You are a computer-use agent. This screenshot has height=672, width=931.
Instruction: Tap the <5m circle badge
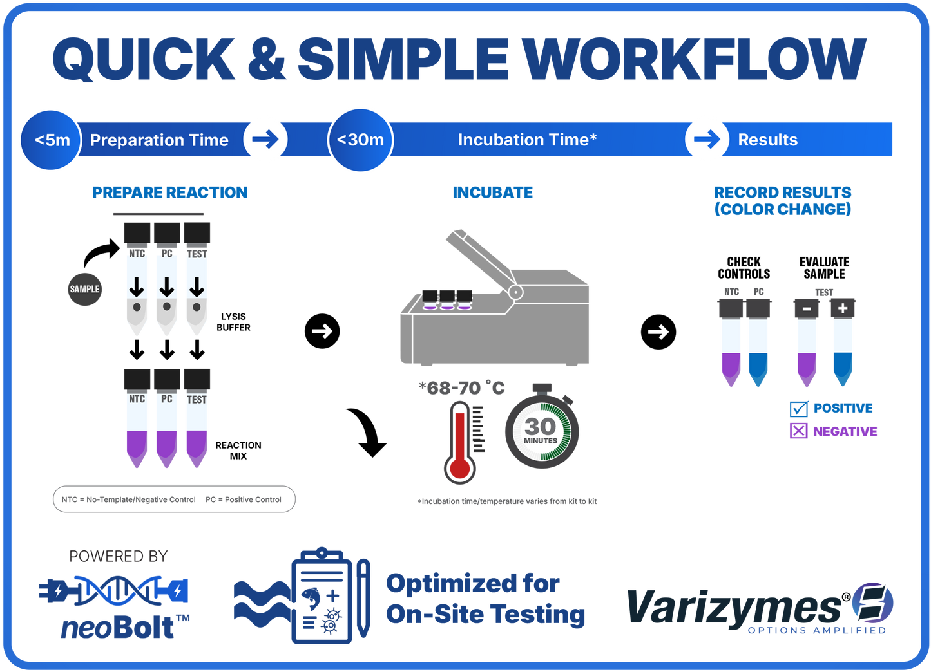tap(51, 140)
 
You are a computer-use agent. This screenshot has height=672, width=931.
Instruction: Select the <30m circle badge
tap(360, 140)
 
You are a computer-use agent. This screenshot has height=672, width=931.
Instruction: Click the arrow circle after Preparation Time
tap(265, 139)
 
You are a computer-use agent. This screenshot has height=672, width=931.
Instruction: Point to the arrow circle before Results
tap(707, 139)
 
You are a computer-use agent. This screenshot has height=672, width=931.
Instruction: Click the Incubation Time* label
tap(527, 140)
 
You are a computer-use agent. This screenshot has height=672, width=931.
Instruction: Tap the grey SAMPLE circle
tap(84, 289)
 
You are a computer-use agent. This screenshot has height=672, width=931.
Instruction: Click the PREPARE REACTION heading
tap(169, 192)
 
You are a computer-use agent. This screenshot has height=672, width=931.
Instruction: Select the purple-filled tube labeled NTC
tap(137, 428)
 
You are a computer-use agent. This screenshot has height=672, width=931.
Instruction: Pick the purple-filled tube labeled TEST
tap(197, 428)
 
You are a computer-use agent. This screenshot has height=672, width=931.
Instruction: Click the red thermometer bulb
tap(459, 468)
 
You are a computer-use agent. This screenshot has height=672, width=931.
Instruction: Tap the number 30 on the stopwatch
tap(540, 426)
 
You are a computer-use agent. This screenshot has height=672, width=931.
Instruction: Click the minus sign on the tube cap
tap(807, 309)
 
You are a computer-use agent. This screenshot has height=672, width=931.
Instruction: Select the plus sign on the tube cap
tap(842, 308)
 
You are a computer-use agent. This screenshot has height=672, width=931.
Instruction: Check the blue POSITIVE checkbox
tap(798, 408)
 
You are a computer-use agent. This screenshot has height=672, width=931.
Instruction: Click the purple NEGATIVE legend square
tap(798, 431)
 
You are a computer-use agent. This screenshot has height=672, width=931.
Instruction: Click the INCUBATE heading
tap(493, 192)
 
